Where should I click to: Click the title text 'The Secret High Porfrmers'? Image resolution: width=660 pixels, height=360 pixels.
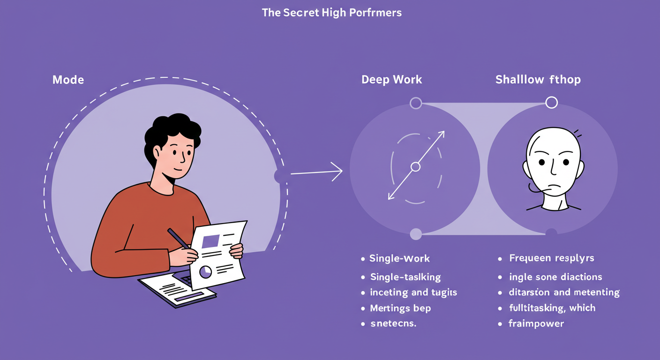[x=331, y=13]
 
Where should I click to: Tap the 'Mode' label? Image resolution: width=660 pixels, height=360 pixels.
[x=68, y=80]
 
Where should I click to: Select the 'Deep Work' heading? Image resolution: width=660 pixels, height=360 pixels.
[x=391, y=80]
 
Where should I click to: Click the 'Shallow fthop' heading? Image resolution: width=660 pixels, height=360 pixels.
[x=538, y=80]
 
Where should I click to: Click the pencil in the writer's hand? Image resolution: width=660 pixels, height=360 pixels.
[x=178, y=239]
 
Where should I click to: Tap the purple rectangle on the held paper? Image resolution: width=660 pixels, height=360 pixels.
[x=210, y=241]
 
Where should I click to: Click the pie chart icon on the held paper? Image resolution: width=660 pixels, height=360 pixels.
[x=205, y=271]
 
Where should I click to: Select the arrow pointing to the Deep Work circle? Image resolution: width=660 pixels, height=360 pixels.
[x=316, y=172]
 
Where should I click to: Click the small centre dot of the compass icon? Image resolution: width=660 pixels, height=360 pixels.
[x=415, y=166]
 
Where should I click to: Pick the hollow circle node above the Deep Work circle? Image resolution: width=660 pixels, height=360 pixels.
[x=415, y=103]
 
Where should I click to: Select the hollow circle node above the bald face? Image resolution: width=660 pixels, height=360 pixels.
[x=552, y=103]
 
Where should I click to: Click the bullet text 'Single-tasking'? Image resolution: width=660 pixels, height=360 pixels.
[x=405, y=277]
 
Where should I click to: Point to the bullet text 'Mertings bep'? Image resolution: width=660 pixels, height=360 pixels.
[x=400, y=308]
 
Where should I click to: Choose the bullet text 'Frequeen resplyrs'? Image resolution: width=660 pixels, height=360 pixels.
[x=551, y=258]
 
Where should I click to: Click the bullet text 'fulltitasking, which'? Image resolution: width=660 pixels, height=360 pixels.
[x=552, y=308]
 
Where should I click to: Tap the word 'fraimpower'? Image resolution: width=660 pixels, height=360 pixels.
[x=536, y=323]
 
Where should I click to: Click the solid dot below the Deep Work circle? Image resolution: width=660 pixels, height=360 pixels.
[x=415, y=233]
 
